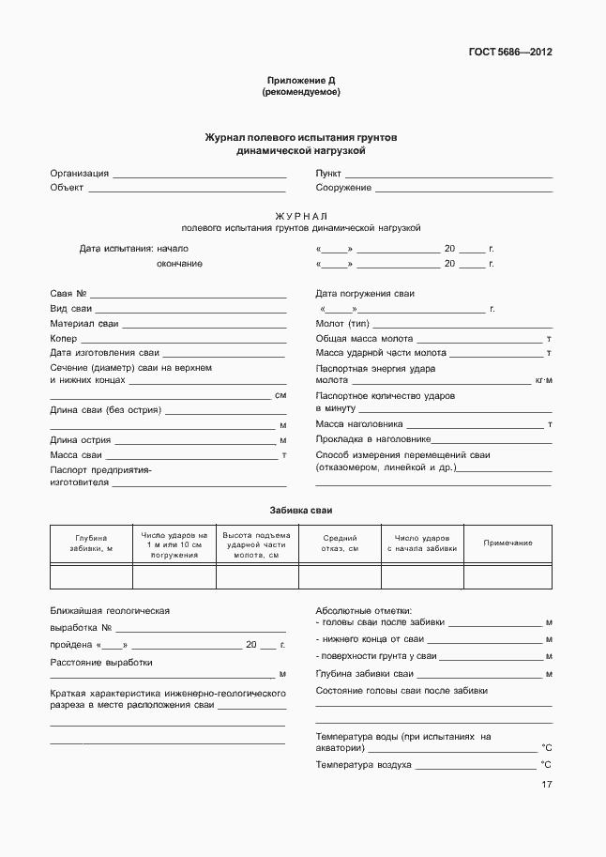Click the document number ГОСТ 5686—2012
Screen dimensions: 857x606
(509, 53)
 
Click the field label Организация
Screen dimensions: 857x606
(79, 174)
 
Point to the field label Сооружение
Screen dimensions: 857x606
(343, 188)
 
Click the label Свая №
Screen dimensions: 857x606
(68, 294)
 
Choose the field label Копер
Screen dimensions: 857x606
(63, 338)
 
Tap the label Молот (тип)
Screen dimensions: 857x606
(342, 324)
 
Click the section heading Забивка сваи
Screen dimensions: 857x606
(300, 509)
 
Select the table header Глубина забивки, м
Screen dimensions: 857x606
(91, 543)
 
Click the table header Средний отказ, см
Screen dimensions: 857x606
(340, 543)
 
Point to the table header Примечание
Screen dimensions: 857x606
(508, 543)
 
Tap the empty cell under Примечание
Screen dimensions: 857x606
(508, 576)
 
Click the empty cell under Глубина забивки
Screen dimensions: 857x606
(91, 576)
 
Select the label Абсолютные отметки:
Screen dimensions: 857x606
(363, 610)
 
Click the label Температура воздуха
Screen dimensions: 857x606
(364, 765)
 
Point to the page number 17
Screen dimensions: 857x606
(546, 785)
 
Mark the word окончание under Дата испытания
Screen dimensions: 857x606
(179, 264)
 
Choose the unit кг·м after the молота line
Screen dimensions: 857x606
(543, 381)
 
